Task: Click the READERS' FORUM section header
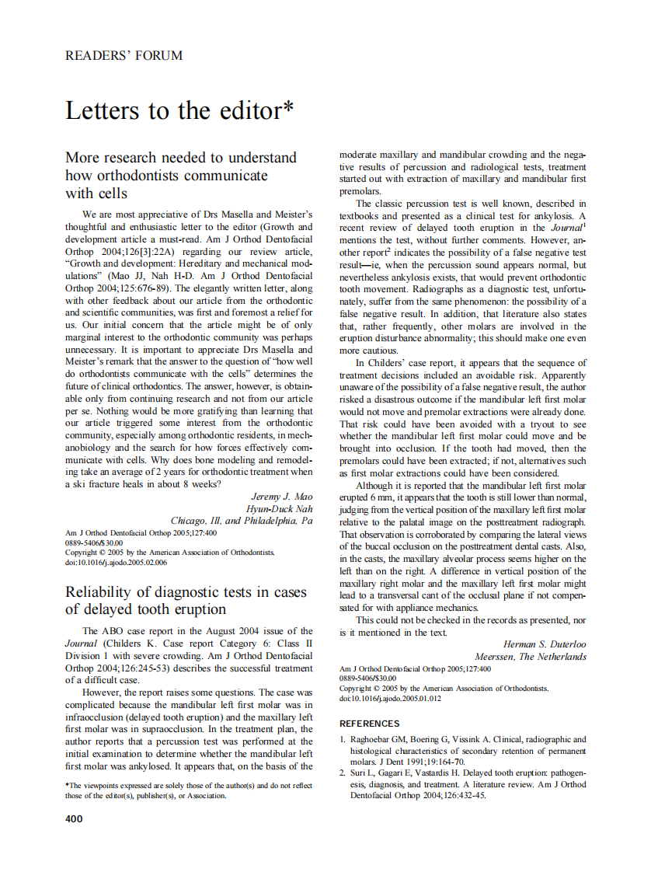point(124,55)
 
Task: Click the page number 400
point(74,818)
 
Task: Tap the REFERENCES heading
point(370,724)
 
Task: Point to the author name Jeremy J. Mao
point(282,496)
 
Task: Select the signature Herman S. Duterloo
point(545,644)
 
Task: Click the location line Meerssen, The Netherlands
point(531,657)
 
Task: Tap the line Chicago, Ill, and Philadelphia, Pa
point(242,520)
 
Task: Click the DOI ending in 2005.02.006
point(116,562)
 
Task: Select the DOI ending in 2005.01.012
point(391,698)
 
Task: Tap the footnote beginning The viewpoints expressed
point(189,790)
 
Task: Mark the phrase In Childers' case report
point(404,363)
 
